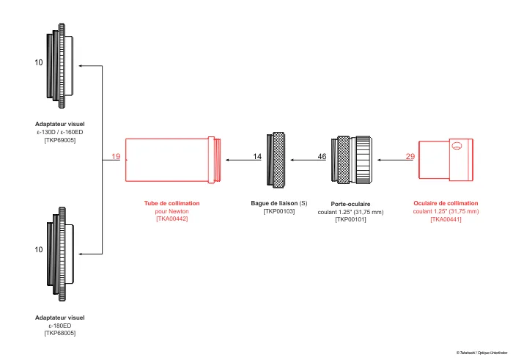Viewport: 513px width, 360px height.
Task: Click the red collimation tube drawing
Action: [172, 159]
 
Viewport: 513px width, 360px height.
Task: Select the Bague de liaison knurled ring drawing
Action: [279, 159]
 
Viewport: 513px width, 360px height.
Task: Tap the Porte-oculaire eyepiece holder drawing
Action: [355, 159]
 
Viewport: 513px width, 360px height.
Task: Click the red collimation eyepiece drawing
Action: [445, 159]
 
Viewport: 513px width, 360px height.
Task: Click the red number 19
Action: [116, 157]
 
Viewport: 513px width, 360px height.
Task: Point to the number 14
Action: [257, 157]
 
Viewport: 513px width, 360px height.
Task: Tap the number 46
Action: [322, 157]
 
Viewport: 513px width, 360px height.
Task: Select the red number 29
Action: [410, 157]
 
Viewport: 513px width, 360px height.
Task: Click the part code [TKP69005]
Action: [60, 139]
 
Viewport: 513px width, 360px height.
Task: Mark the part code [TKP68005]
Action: [60, 333]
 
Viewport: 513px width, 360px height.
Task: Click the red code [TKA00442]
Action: [171, 219]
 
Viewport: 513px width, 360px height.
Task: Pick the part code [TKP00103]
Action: [279, 211]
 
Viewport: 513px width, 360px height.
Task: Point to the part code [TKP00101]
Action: [350, 219]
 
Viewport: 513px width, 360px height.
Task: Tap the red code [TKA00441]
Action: [446, 219]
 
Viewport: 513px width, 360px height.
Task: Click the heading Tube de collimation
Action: [171, 203]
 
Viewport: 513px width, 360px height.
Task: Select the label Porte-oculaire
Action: [350, 203]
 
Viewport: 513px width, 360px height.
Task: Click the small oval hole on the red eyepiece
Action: [457, 146]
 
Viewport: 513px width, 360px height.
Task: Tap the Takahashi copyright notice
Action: [481, 353]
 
